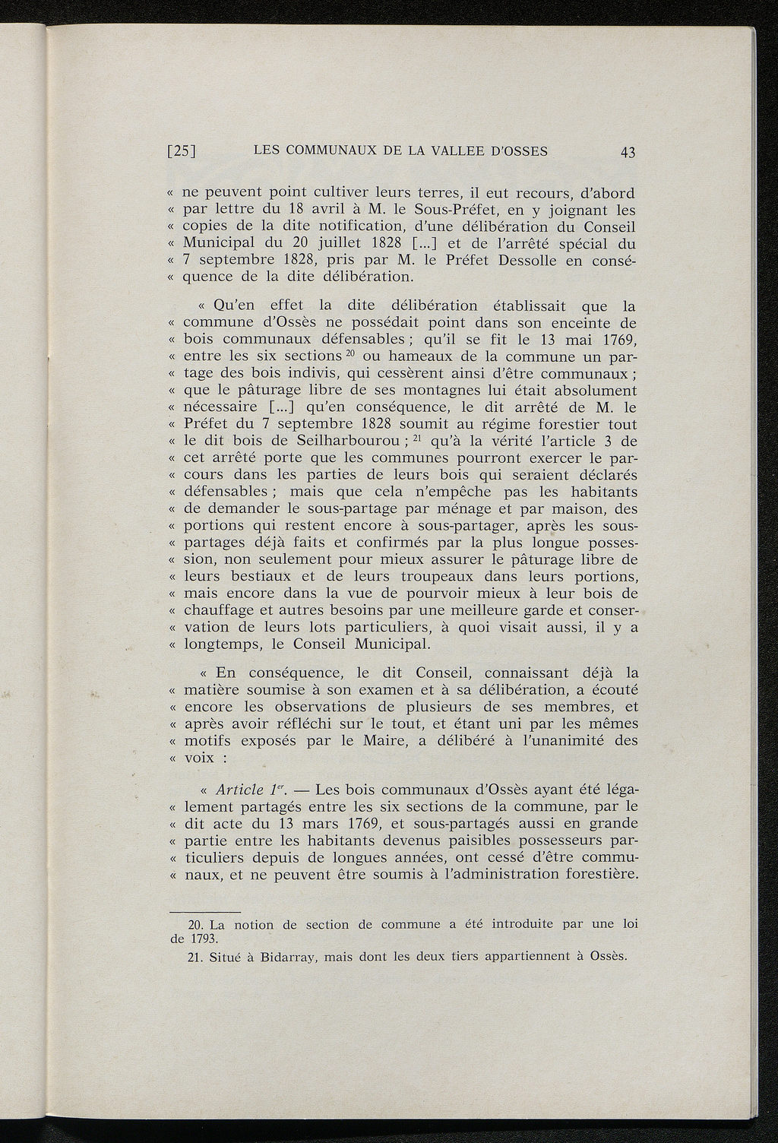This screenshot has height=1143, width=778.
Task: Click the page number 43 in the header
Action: (627, 152)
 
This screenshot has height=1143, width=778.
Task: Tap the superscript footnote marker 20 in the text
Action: (350, 353)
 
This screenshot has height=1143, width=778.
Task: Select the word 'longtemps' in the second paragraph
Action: (220, 645)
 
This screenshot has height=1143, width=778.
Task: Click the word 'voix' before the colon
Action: (198, 758)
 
